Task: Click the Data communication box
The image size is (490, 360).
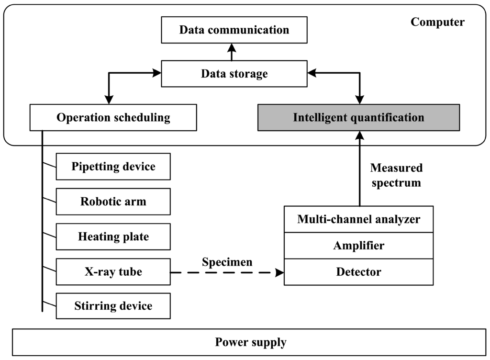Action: (234, 30)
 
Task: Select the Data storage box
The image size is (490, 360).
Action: (234, 74)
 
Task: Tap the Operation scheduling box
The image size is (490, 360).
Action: (113, 118)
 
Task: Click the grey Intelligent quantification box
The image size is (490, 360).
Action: (358, 118)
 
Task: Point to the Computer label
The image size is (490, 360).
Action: (437, 22)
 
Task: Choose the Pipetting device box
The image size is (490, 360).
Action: (113, 167)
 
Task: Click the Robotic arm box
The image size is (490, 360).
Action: (113, 202)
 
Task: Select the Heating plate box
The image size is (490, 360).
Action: (113, 236)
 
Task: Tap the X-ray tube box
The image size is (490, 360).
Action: (113, 272)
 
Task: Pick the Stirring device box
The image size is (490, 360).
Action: (113, 306)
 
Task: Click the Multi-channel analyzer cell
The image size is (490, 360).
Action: (358, 219)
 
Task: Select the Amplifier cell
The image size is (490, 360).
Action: (358, 246)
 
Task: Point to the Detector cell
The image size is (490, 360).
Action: (358, 272)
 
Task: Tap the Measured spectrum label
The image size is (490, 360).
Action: (396, 175)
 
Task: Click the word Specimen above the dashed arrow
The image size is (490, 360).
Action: (227, 262)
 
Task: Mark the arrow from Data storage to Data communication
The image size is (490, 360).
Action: (232, 52)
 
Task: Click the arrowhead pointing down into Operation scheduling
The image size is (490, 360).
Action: (109, 100)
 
